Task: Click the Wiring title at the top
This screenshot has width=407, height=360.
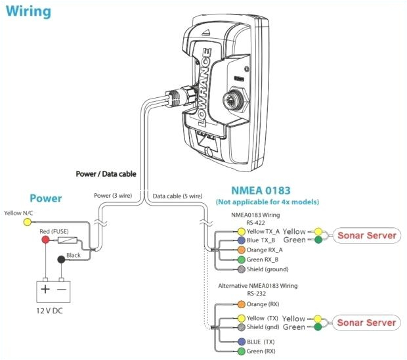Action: coord(29,11)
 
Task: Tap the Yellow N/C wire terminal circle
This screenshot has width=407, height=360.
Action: coord(27,223)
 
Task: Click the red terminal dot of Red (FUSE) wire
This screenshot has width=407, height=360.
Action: coord(45,240)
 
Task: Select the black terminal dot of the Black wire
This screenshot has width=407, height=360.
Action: coord(62,260)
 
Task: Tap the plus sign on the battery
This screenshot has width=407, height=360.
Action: coord(45,288)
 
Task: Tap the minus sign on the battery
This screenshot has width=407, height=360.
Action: coord(62,288)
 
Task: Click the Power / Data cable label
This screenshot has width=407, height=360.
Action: coord(105,175)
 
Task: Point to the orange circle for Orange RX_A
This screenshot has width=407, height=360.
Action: coord(241,250)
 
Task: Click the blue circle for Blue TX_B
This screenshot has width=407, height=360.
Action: coord(241,240)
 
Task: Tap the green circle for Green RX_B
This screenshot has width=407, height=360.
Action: coord(241,259)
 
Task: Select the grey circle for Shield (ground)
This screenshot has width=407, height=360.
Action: coord(241,269)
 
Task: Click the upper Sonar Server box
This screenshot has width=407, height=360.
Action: coord(367,235)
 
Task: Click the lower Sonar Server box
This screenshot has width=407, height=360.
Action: coord(367,323)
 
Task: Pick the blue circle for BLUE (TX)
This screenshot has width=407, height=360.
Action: coord(241,342)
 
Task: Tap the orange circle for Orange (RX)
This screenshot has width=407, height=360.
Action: coord(241,305)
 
